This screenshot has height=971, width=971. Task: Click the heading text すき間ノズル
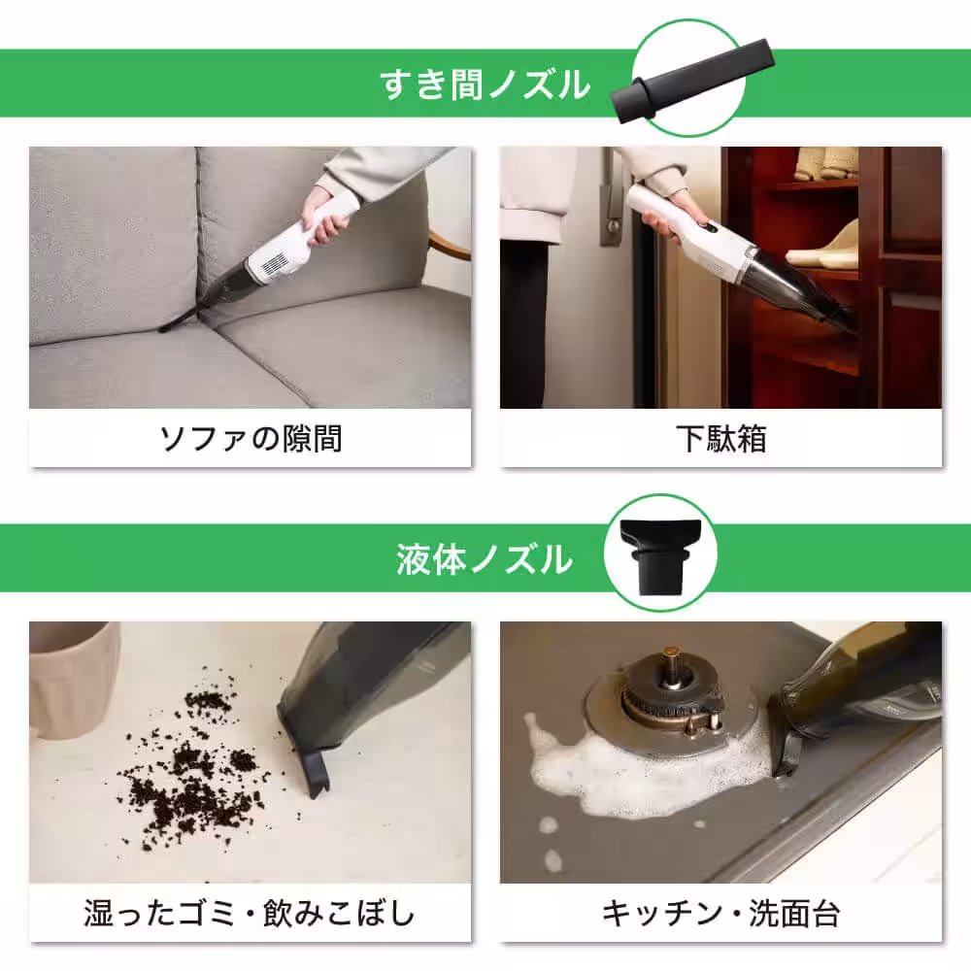tap(485, 84)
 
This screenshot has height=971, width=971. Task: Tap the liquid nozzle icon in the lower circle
tap(659, 555)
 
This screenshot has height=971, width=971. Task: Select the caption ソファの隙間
tap(251, 439)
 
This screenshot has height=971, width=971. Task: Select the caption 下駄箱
tap(720, 439)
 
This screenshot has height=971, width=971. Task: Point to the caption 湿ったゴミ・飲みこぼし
tap(251, 913)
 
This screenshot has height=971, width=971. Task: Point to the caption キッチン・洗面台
tap(720, 913)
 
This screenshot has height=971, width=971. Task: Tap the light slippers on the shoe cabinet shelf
tap(825, 248)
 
